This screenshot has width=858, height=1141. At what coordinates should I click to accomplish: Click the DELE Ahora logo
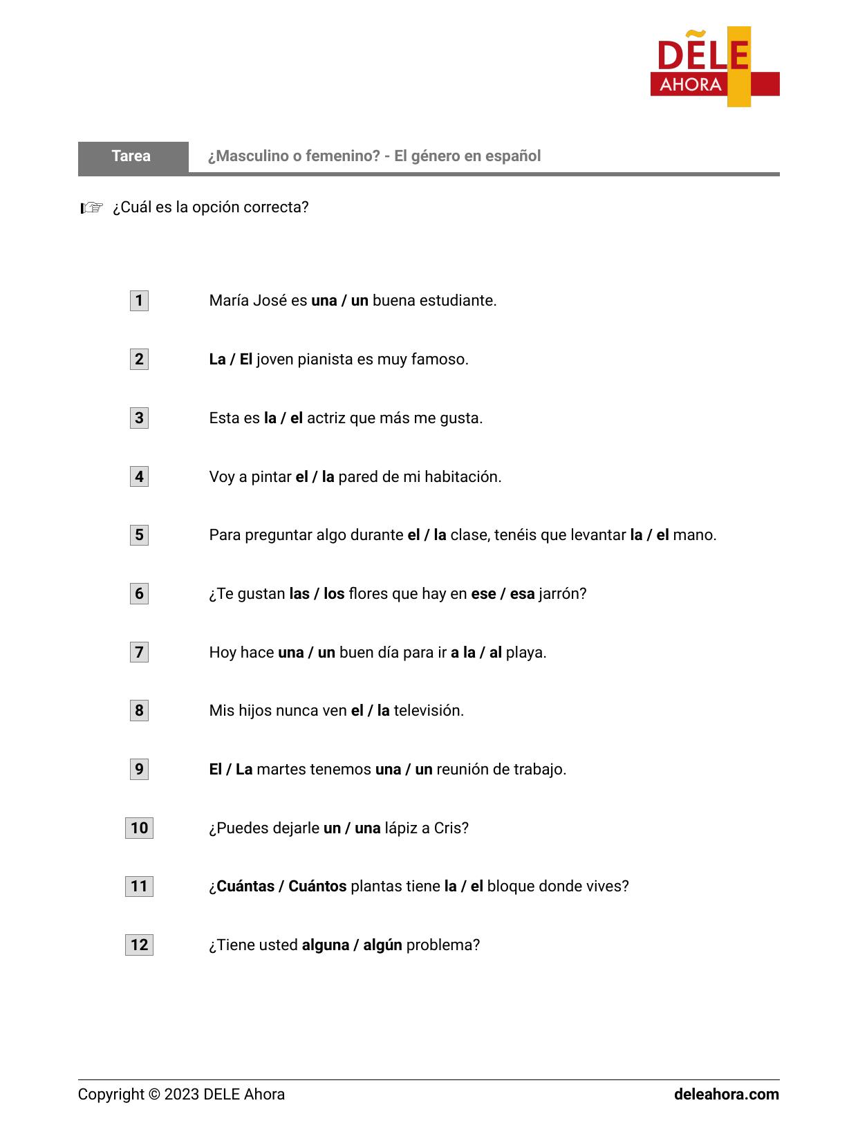tap(714, 67)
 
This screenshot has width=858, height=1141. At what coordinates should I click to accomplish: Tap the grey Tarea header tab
tap(132, 156)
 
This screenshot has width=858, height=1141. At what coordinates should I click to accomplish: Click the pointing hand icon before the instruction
tap(91, 207)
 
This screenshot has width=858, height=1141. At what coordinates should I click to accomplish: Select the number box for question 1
tap(139, 301)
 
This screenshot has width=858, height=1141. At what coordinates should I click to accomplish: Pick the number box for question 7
tap(139, 652)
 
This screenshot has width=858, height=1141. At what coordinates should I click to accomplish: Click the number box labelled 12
tap(139, 945)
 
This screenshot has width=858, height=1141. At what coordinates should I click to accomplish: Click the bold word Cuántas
tap(245, 887)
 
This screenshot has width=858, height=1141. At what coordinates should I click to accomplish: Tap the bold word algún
tap(382, 945)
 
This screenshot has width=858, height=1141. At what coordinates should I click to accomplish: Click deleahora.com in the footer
tap(726, 1095)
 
